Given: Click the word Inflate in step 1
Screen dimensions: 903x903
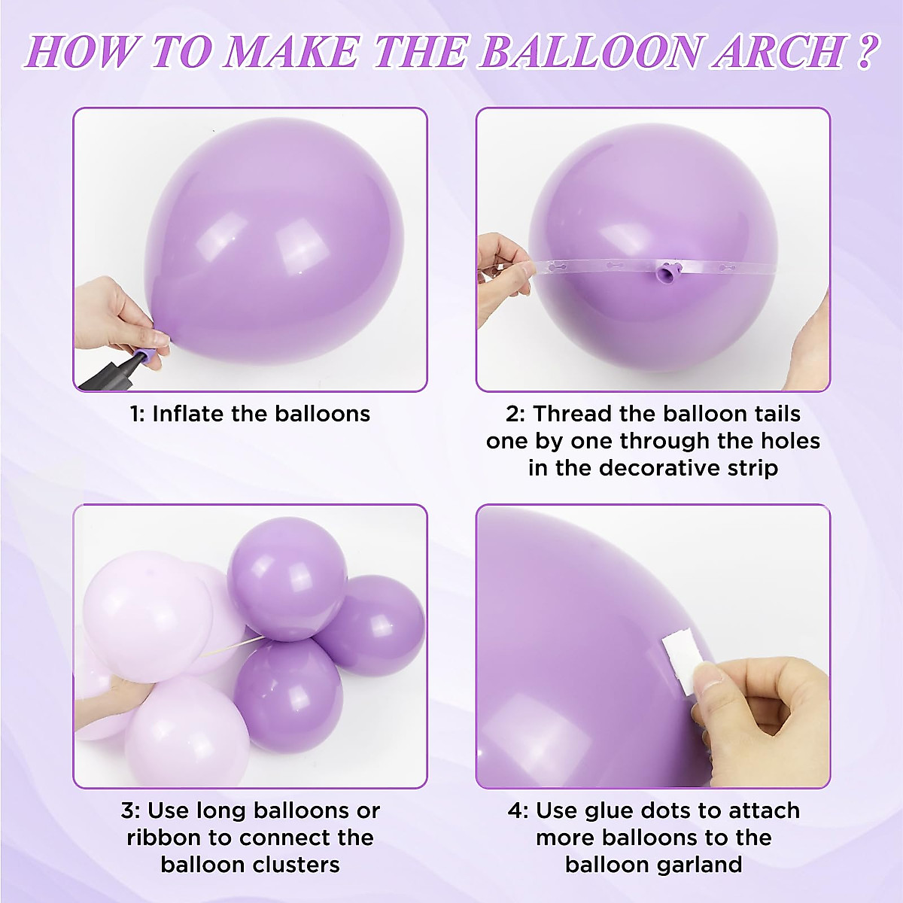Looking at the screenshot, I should pyautogui.click(x=187, y=414).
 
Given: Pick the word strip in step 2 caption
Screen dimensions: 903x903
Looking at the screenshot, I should pyautogui.click(x=746, y=468).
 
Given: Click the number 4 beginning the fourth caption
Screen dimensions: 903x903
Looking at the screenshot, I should pyautogui.click(x=515, y=811).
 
